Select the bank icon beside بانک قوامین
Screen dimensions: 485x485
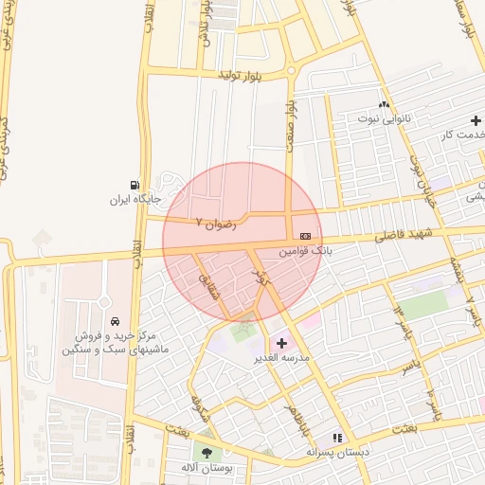pyautogui.click(x=304, y=235)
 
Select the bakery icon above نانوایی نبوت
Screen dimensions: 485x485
pyautogui.click(x=384, y=105)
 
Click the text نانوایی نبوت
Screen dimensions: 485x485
pyautogui.click(x=384, y=119)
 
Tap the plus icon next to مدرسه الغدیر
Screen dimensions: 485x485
pyautogui.click(x=281, y=342)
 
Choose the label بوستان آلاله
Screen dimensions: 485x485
pyautogui.click(x=206, y=469)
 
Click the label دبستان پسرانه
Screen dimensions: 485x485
pyautogui.click(x=336, y=453)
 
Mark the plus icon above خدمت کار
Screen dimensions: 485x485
pyautogui.click(x=476, y=120)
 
